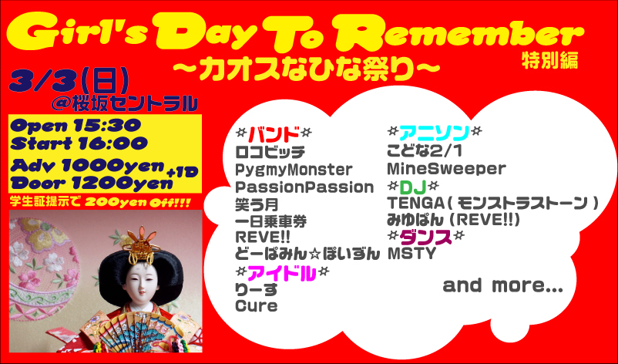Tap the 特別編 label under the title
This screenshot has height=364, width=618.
(550, 61)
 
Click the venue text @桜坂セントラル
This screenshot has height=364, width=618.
(124, 103)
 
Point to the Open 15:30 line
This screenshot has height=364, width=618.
(76, 126)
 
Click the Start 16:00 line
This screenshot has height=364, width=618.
(79, 143)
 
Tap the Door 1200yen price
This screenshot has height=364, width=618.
(92, 182)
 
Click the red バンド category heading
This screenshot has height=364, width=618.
(274, 134)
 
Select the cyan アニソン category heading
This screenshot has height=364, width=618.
(435, 133)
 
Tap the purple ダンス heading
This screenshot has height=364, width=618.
(425, 238)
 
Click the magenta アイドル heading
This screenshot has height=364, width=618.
(282, 274)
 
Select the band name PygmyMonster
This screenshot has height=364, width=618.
(294, 170)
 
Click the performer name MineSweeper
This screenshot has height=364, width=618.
(446, 169)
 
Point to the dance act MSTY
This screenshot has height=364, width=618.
(411, 253)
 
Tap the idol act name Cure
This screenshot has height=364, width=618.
(256, 306)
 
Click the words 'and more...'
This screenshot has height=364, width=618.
(503, 285)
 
